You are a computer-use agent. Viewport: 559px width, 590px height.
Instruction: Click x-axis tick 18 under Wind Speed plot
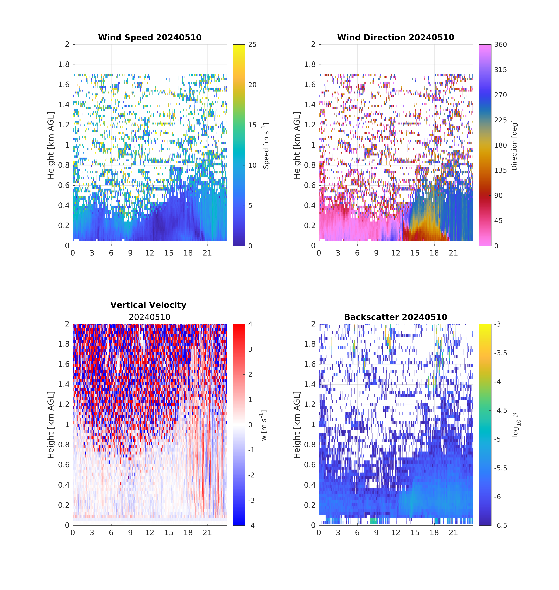coord(188,253)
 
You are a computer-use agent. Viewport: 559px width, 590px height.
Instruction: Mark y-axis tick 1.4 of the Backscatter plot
coord(310,384)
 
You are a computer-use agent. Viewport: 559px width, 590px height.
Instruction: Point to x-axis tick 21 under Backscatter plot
coord(453,533)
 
